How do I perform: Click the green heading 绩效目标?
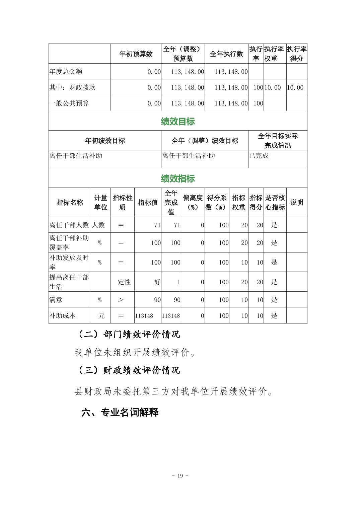click(x=177, y=121)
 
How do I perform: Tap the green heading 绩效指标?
click(x=177, y=178)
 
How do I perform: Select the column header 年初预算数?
click(x=136, y=54)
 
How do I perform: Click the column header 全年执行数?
click(x=226, y=54)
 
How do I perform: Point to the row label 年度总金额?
click(x=66, y=72)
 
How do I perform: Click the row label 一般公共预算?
click(x=69, y=103)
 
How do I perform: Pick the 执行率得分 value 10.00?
click(x=295, y=88)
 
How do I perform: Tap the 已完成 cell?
click(x=259, y=156)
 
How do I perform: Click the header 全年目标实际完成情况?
click(x=278, y=141)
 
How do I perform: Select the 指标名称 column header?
click(x=70, y=203)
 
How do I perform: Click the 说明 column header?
click(x=296, y=203)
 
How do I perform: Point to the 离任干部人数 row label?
click(x=69, y=225)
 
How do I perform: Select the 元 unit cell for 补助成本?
click(x=101, y=316)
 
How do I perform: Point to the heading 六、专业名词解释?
click(x=120, y=412)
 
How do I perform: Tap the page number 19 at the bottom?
click(x=180, y=476)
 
